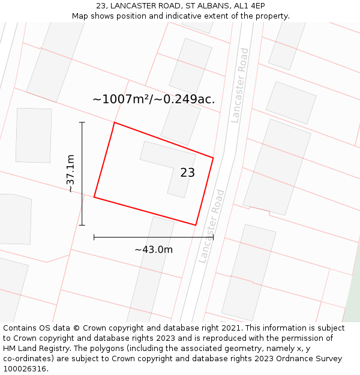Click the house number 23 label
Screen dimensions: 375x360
(187, 173)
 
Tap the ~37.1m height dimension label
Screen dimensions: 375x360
(70, 173)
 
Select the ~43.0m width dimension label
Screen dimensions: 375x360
(154, 250)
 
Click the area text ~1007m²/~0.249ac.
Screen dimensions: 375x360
(154, 100)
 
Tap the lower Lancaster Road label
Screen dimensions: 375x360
(212, 226)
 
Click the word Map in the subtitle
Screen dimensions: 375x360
(81, 16)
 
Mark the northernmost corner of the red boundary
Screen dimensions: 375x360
(114, 123)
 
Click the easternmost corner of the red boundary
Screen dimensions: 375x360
(213, 158)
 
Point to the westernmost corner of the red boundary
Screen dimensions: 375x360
(94, 197)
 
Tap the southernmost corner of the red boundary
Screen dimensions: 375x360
(196, 225)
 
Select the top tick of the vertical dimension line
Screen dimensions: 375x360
(82, 122)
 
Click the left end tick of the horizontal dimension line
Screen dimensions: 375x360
(94, 237)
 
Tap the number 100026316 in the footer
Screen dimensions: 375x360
(23, 369)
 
